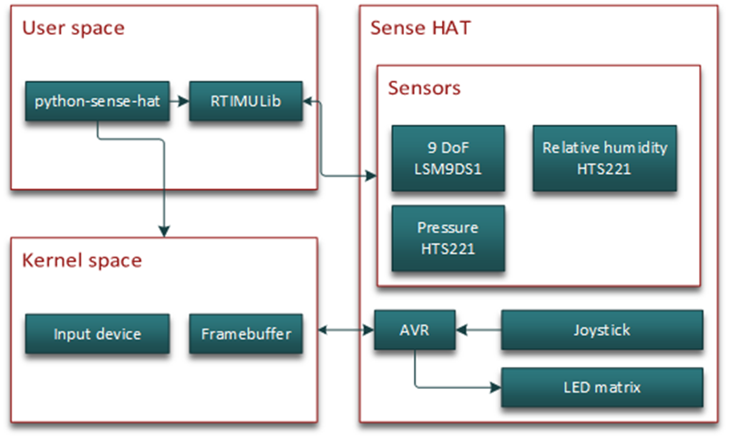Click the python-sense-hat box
(98, 101)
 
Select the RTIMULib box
(245, 101)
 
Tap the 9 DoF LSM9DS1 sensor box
(448, 158)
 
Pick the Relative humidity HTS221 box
(604, 158)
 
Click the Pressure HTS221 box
(448, 239)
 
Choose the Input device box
(98, 334)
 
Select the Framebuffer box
(245, 334)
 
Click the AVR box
(415, 330)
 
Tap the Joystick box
(601, 330)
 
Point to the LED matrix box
(601, 387)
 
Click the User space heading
(73, 28)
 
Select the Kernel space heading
(82, 260)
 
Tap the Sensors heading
(424, 88)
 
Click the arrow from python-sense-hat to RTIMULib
(179, 101)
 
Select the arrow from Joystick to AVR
(478, 330)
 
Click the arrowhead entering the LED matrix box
(496, 387)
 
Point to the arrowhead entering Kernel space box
(164, 230)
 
